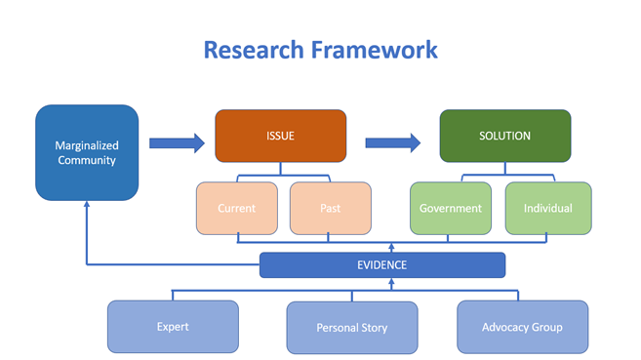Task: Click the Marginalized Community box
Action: pos(86,152)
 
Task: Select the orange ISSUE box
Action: pos(280,136)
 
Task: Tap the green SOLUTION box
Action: pos(504,136)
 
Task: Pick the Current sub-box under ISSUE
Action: pos(237,208)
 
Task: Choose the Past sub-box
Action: pos(330,208)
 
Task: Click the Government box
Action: pos(451,208)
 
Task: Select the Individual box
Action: pos(547,208)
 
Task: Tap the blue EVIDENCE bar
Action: pos(382,264)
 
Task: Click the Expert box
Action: pos(173,327)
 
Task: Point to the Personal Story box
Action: pos(351,327)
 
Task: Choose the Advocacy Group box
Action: pos(522,327)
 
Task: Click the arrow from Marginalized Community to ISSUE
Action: pos(177,143)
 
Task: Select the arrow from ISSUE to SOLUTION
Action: pos(393,143)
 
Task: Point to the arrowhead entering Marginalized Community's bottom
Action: pos(86,206)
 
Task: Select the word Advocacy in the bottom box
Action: pos(505,327)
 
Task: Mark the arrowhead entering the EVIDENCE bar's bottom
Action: pos(390,283)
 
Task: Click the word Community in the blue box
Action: pos(86,160)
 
